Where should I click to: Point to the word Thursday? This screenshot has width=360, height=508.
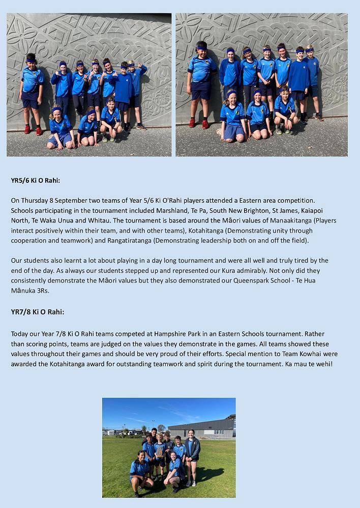tap(36, 201)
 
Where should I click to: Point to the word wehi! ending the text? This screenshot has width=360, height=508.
tap(322, 364)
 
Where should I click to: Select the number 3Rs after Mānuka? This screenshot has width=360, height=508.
tap(42, 290)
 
